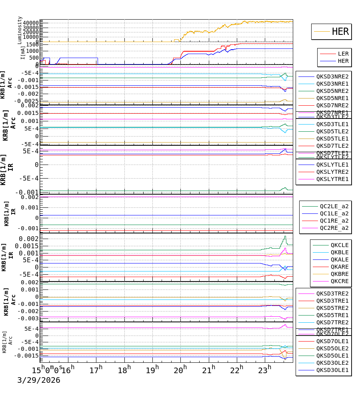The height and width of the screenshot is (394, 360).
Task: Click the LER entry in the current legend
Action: (x=343, y=54)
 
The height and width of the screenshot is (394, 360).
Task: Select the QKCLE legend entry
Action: (x=339, y=245)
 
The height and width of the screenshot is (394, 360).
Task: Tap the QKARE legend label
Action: (x=339, y=267)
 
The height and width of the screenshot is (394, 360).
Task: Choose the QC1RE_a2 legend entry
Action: (x=334, y=221)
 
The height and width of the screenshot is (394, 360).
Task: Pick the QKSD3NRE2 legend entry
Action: (x=332, y=76)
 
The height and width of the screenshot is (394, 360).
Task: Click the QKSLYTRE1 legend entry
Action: (x=332, y=179)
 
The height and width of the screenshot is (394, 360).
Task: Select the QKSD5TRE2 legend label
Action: (x=332, y=308)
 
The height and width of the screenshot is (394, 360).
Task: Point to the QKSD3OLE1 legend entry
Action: (x=332, y=370)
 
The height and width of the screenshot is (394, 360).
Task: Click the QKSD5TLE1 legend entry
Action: (x=332, y=139)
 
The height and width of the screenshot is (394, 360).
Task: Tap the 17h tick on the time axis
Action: (x=96, y=370)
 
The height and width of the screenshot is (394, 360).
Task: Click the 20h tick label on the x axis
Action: (x=181, y=370)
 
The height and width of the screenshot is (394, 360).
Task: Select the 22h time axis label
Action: (x=237, y=370)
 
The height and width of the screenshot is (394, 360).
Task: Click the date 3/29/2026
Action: (x=38, y=380)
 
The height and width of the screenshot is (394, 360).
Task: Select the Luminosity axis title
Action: (x=20, y=30)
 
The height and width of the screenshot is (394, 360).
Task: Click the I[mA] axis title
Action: (x=23, y=52)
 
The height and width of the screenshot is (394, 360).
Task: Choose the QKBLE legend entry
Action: (x=339, y=252)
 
